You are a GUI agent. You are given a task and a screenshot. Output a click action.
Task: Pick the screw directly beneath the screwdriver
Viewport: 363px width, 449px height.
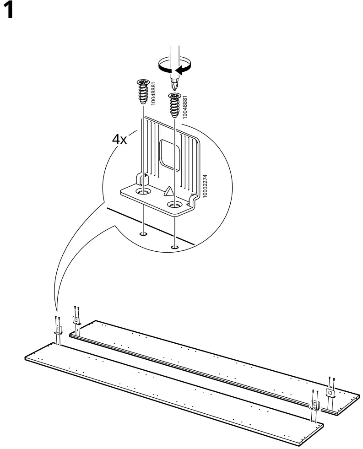(x=174, y=105)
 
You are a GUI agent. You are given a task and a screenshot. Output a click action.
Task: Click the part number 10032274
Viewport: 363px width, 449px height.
(x=205, y=186)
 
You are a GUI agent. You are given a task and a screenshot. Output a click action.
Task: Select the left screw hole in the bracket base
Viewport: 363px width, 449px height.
(x=143, y=189)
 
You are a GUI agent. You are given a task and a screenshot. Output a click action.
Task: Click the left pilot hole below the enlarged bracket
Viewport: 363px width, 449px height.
(x=143, y=235)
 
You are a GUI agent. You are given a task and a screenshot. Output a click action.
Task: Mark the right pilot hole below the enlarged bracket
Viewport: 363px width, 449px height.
(x=174, y=248)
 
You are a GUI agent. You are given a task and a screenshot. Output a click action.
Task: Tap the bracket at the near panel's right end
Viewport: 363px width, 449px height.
(x=314, y=406)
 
